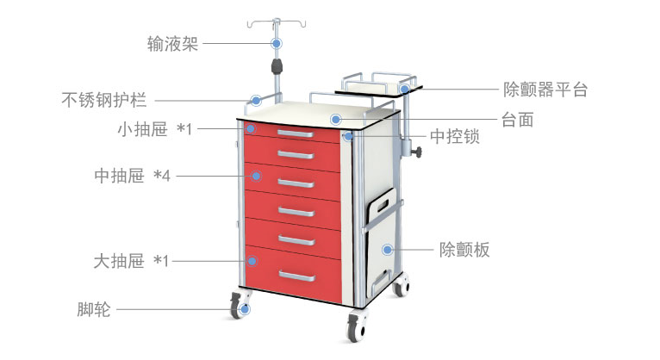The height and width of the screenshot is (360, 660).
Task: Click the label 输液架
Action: (x=172, y=44)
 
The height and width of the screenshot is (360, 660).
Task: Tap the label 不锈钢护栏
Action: (x=104, y=100)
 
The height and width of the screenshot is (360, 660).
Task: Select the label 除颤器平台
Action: (x=545, y=90)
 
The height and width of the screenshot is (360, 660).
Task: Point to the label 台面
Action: (x=517, y=120)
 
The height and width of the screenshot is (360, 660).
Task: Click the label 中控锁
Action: (x=455, y=137)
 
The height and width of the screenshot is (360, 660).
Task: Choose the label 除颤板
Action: (x=464, y=250)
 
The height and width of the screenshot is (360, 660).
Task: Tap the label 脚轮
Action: (x=93, y=309)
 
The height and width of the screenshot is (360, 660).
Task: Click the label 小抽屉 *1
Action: (x=155, y=128)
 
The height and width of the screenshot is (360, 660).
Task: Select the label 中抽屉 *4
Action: (x=132, y=176)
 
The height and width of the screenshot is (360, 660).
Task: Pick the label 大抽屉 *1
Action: (x=131, y=261)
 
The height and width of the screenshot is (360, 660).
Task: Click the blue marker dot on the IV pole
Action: (x=276, y=43)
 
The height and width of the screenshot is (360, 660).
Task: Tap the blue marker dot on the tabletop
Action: (x=335, y=120)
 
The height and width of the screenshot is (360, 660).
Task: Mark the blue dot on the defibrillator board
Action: (x=387, y=250)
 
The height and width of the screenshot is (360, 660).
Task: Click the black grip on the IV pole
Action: (x=277, y=66)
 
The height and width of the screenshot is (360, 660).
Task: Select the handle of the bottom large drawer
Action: (x=296, y=276)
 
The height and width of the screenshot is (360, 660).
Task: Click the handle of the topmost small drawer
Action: (x=296, y=133)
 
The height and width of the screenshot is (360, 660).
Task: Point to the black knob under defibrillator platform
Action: (x=417, y=152)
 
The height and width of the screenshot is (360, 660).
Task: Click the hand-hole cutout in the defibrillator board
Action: (x=383, y=205)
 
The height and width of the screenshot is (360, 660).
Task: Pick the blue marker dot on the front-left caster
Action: (x=245, y=309)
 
